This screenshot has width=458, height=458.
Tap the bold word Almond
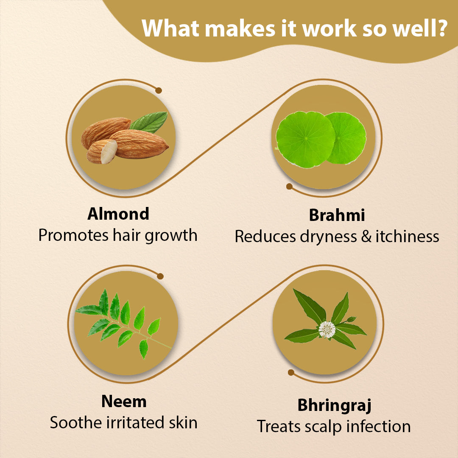tap(118, 214)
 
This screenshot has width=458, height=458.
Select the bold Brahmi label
tap(337, 215)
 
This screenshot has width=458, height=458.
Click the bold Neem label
tap(124, 401)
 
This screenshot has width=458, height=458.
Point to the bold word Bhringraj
tap(334, 405)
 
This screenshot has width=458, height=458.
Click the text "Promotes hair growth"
tap(118, 235)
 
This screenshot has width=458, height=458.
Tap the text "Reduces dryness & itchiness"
tap(337, 236)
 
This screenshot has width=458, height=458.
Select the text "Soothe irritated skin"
tap(123, 422)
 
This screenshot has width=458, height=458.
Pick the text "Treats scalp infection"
tap(334, 426)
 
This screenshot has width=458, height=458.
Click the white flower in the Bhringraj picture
tap(327, 329)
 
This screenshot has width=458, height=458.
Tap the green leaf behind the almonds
tap(149, 122)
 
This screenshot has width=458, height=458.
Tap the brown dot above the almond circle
tap(158, 90)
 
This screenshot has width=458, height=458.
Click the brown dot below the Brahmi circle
tap(289, 186)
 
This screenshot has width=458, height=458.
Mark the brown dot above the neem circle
tap(160, 276)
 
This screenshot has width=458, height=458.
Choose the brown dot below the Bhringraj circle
tap(291, 372)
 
